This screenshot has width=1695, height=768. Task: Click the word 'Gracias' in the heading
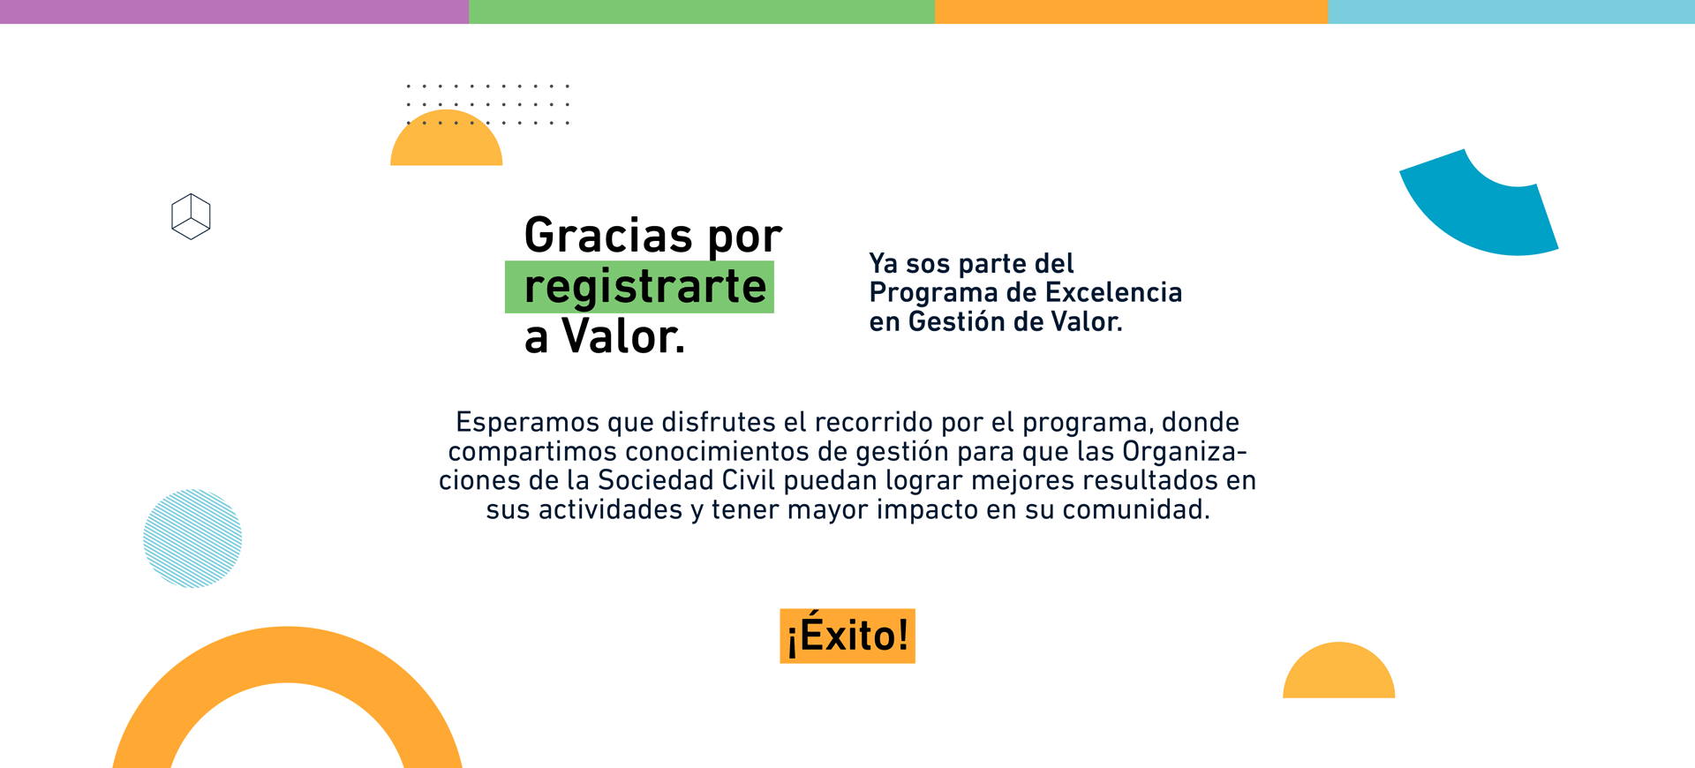point(608,236)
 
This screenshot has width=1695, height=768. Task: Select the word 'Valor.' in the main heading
point(623,336)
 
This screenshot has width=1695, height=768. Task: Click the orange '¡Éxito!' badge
point(847,636)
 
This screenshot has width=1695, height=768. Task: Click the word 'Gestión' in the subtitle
point(957,321)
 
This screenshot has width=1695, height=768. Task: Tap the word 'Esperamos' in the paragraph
point(527,423)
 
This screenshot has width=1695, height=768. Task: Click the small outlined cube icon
point(191,216)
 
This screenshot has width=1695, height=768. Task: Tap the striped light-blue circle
point(192,538)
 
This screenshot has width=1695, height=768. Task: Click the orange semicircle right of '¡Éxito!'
point(1338,674)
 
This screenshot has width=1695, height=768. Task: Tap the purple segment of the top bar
point(234,11)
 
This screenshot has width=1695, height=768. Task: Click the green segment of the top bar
point(702,11)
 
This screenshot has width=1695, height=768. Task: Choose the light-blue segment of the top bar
point(1511,11)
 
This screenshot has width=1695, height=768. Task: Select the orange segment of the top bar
point(1131,11)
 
